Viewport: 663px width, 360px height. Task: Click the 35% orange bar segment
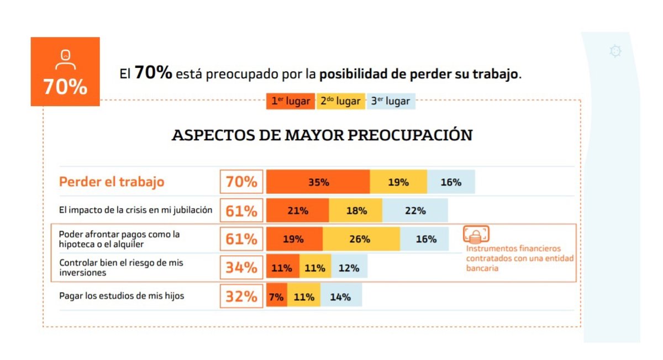coord(318,182)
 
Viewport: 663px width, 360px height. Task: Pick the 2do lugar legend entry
coord(340,102)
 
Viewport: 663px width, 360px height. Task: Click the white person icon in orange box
coord(65,60)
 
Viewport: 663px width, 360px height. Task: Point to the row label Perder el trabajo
coord(112,182)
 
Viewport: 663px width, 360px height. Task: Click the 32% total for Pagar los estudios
coord(241,297)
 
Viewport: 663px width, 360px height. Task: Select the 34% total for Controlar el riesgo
coord(241,268)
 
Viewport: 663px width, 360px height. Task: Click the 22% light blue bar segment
coord(415,211)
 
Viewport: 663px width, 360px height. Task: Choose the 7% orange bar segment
coord(276,297)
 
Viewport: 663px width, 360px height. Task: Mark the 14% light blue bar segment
coord(340,297)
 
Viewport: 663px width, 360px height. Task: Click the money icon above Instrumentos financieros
coord(476,235)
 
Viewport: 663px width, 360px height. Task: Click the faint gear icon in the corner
coord(615,51)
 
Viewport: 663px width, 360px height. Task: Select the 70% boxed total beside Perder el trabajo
coord(241,182)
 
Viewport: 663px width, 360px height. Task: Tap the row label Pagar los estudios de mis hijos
coord(122,296)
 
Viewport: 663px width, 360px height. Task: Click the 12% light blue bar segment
coord(349,268)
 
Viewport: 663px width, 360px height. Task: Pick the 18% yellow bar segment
coord(356,211)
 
